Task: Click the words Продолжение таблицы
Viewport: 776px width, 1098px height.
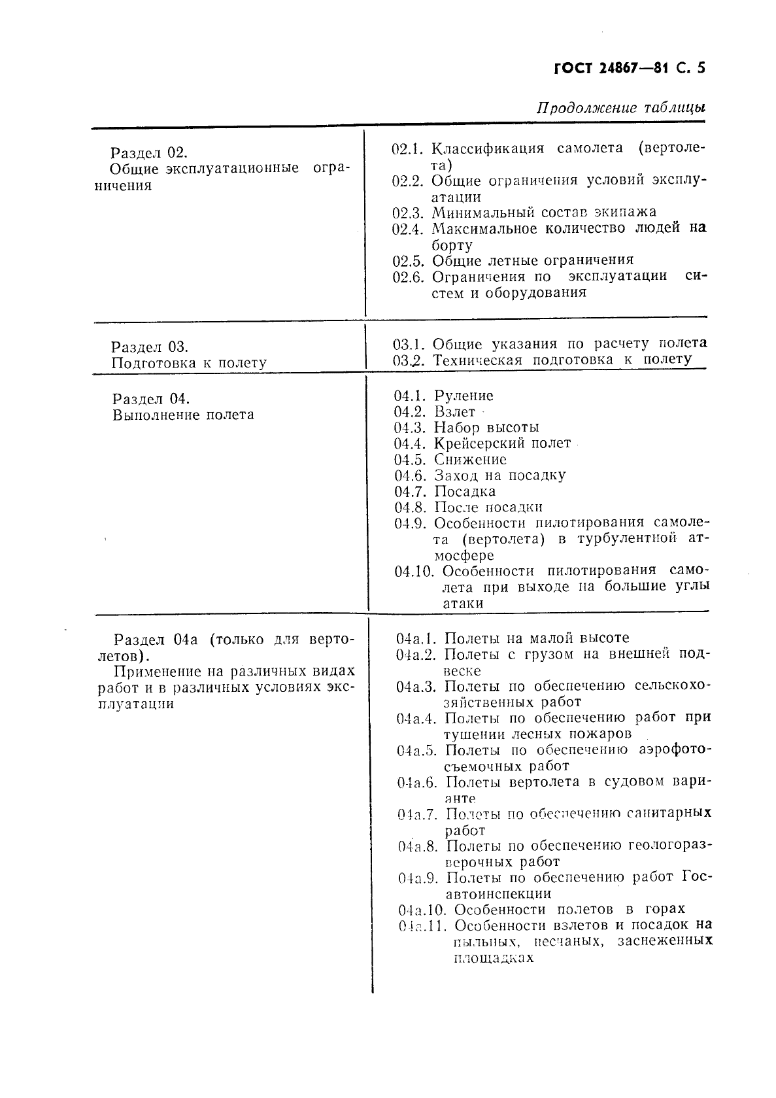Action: click(x=620, y=108)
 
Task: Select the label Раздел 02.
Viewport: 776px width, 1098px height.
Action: click(x=148, y=153)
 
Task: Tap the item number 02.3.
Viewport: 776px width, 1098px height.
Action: click(x=409, y=213)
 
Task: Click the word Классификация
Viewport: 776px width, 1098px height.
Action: click(x=488, y=148)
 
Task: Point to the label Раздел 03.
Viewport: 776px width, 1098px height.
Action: click(x=149, y=347)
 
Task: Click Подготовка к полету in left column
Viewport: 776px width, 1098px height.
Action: click(x=189, y=363)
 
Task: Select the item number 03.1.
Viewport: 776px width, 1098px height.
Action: click(x=409, y=344)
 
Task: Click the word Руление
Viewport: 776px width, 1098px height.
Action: click(x=464, y=396)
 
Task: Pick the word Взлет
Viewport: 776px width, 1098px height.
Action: click(x=454, y=412)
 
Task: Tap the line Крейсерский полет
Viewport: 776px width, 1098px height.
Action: click(x=502, y=443)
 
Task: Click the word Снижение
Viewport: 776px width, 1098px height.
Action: click(x=470, y=460)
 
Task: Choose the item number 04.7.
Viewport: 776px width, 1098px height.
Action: click(x=411, y=492)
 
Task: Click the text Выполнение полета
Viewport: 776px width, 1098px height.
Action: click(x=183, y=415)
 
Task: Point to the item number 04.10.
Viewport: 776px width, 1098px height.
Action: click(x=414, y=572)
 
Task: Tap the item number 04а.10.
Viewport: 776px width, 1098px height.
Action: click(x=422, y=910)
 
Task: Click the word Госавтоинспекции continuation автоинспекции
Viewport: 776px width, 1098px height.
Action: click(x=498, y=894)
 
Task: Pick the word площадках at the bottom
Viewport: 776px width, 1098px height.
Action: click(x=493, y=958)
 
